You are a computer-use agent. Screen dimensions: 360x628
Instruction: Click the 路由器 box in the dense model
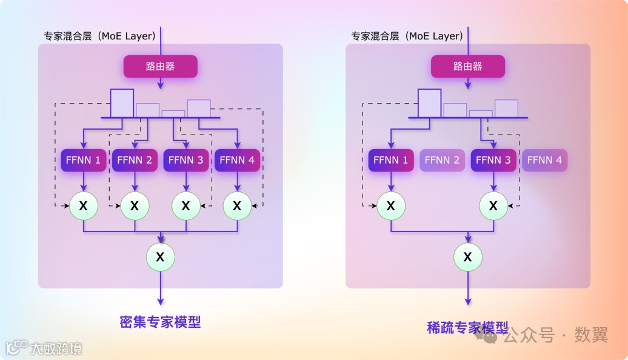tap(161, 67)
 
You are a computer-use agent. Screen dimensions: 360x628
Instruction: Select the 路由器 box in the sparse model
tap(467, 67)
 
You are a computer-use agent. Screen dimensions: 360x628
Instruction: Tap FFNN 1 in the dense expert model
tap(84, 160)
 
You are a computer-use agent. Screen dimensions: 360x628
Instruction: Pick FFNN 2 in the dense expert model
tap(135, 160)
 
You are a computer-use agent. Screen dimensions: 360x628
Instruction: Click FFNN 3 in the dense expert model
tap(185, 160)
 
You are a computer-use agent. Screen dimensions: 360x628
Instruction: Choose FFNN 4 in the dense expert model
tap(236, 160)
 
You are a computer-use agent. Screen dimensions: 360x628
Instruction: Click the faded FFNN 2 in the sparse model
tap(442, 160)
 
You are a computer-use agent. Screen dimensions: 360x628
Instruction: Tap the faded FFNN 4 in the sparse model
tap(544, 160)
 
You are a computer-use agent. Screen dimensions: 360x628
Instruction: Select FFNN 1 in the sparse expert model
tap(391, 160)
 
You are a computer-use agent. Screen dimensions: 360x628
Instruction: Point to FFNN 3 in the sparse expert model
tap(493, 160)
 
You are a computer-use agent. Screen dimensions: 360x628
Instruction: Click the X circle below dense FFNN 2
tap(135, 206)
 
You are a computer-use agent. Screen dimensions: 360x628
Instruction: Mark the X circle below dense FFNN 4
tap(236, 206)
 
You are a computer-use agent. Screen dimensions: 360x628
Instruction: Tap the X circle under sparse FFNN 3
tap(493, 206)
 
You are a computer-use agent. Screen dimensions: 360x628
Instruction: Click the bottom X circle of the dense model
tap(160, 257)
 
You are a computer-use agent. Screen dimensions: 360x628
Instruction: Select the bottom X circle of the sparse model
tap(467, 257)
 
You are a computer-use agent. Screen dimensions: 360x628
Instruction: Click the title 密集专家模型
tap(160, 322)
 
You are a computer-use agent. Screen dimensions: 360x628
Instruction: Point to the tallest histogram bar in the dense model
tap(122, 102)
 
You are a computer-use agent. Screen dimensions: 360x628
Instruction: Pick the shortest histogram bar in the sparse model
tap(481, 113)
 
